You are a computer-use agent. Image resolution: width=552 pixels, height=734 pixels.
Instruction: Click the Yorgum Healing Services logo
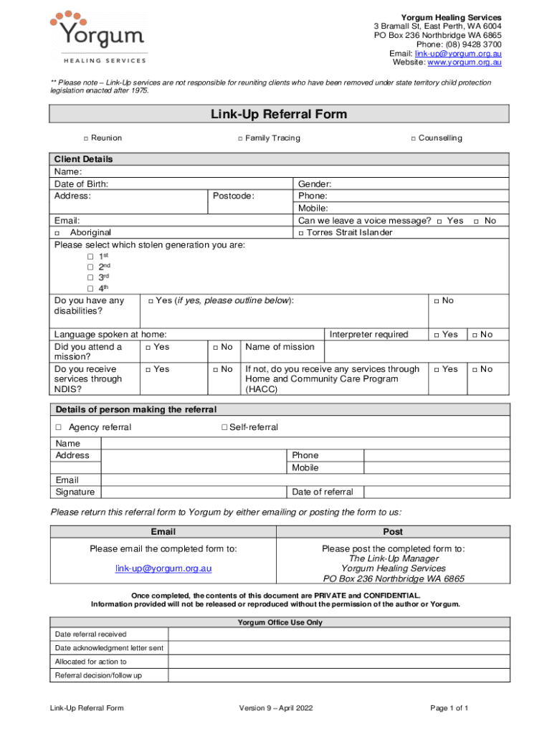(x=99, y=37)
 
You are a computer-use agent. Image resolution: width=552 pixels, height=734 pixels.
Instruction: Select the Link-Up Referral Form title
(x=278, y=114)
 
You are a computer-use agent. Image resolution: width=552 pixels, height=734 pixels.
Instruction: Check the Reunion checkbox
(x=85, y=138)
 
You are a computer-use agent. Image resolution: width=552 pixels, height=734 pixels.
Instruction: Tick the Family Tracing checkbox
(x=240, y=138)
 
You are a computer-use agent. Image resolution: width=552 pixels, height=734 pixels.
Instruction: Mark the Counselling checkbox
(x=413, y=138)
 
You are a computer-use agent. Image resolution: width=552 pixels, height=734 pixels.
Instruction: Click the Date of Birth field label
(x=81, y=184)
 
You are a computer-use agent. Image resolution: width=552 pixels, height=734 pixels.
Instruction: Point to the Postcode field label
(x=233, y=196)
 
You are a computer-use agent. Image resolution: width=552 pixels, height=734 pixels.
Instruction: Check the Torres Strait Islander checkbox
(x=301, y=233)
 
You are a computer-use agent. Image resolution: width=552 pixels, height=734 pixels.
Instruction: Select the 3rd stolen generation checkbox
(x=90, y=277)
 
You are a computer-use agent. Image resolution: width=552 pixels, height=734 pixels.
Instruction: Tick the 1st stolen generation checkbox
(x=90, y=257)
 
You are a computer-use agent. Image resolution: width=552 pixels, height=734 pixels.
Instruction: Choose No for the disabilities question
(x=437, y=301)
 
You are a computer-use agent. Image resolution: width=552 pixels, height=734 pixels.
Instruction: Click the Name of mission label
(x=280, y=347)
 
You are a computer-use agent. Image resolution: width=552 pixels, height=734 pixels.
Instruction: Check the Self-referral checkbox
(x=224, y=428)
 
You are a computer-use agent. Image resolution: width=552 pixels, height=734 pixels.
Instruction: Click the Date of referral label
(x=323, y=492)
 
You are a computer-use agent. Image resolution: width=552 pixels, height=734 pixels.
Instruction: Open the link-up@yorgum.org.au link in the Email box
(x=163, y=568)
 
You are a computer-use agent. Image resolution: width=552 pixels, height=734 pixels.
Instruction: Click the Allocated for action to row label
(x=91, y=662)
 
